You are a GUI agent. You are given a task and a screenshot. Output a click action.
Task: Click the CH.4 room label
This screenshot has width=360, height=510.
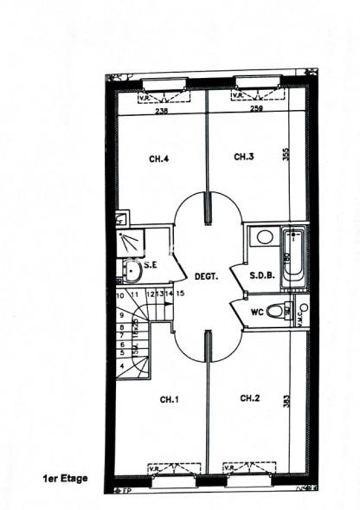pos(158,159)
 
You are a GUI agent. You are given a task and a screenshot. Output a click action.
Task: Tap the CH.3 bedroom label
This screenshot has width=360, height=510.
pos(244,157)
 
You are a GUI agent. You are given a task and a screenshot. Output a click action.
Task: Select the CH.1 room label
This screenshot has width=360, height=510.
pos(169,399)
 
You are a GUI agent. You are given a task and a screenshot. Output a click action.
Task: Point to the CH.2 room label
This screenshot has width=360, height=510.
pos(249,398)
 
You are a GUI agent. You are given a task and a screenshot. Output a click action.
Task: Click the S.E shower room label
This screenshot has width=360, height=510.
pos(150,265)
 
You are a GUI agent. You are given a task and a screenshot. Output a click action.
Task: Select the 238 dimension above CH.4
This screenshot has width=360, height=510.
pos(161,111)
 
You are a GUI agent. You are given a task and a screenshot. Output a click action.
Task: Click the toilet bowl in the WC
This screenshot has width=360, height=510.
pos(275,311)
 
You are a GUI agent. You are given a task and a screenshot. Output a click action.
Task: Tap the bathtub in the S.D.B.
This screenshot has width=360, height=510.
pos(293,259)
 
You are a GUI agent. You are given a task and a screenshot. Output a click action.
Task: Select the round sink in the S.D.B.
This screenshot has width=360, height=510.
pos(264,237)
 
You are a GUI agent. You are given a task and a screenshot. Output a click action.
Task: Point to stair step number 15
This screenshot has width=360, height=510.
pos(180,293)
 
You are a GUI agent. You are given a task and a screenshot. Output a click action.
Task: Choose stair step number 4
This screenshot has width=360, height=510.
pos(122,367)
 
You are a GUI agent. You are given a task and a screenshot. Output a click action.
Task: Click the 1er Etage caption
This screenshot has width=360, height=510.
pos(65,477)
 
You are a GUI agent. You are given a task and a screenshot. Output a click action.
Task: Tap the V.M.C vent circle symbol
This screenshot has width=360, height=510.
pos(303,308)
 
